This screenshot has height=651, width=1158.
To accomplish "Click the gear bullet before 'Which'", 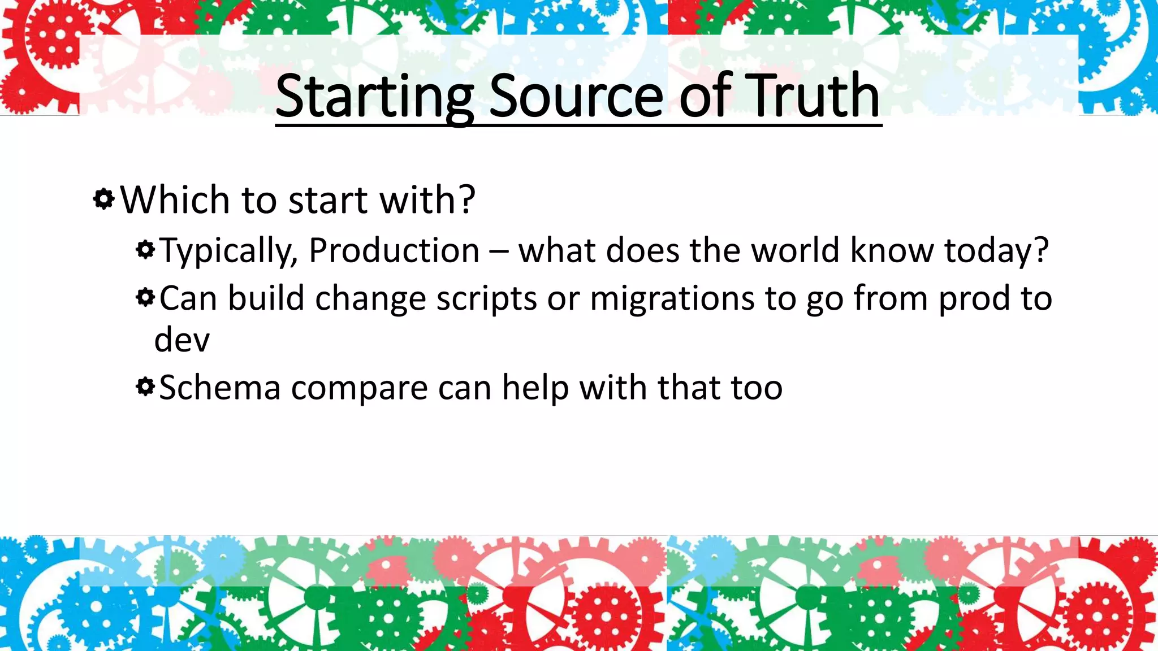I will [x=104, y=199].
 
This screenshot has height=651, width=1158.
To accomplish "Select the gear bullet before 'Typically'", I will [x=145, y=249].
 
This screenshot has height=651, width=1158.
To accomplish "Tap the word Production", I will [x=394, y=250].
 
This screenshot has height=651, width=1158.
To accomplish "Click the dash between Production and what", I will [x=499, y=251].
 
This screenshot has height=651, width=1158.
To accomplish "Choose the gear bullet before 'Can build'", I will [x=145, y=297].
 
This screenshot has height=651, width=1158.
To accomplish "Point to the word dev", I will [x=182, y=340].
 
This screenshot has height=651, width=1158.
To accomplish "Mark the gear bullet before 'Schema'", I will [x=145, y=387].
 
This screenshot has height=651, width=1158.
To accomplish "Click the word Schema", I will [x=220, y=388].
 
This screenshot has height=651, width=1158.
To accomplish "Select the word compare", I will [x=359, y=389].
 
